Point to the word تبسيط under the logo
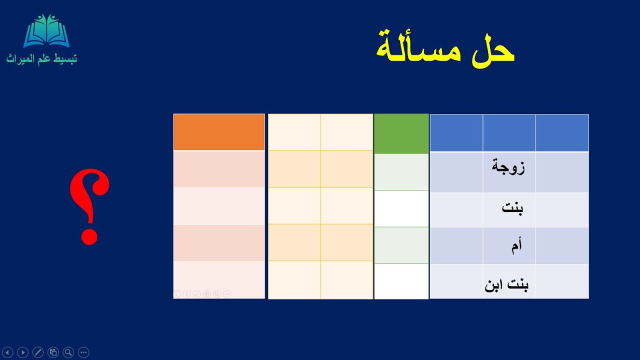click(66, 59)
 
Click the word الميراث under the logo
click(20, 59)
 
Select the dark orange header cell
click(219, 132)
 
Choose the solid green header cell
click(401, 133)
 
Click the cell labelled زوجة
click(508, 167)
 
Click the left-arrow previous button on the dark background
click(7, 352)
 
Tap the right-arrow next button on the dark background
click(22, 352)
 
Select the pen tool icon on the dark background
click(37, 352)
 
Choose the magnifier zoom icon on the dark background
click(68, 352)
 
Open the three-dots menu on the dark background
click(83, 352)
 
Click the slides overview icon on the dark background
click(53, 352)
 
